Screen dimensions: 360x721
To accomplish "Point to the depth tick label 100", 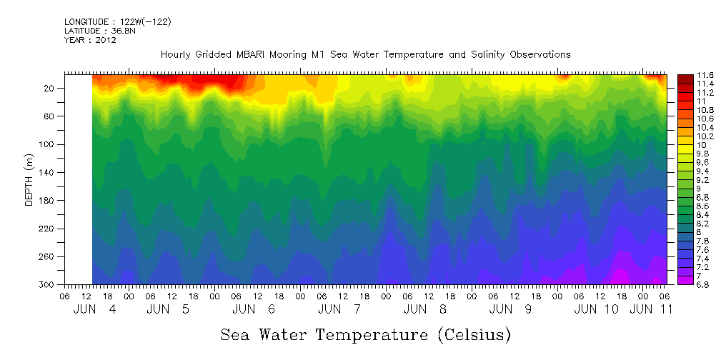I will click(x=49, y=144).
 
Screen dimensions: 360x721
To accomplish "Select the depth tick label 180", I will click(x=49, y=201).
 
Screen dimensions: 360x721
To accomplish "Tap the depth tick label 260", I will click(x=49, y=256).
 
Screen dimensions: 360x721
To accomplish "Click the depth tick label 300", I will click(x=49, y=284).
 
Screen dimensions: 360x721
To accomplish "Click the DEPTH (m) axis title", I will click(x=29, y=182).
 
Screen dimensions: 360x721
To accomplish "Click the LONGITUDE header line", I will click(x=117, y=22).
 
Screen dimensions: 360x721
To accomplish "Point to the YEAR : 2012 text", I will click(x=90, y=40).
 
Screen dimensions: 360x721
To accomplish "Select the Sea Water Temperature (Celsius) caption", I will click(x=365, y=334).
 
